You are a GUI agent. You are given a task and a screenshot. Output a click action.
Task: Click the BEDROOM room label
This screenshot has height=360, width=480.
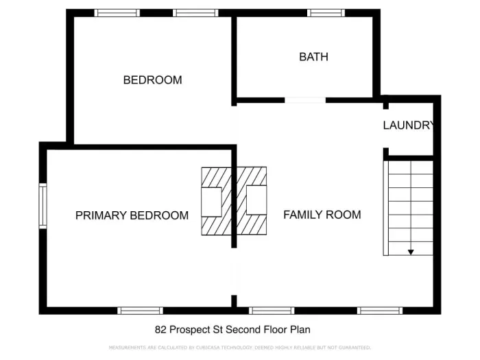pyautogui.click(x=152, y=80)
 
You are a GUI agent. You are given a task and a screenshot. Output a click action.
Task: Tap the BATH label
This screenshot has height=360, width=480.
pyautogui.click(x=313, y=57)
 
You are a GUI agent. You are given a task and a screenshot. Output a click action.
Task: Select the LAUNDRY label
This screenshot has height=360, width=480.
pyautogui.click(x=408, y=125)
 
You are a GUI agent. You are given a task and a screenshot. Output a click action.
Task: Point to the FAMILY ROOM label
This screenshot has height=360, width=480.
pyautogui.click(x=322, y=215)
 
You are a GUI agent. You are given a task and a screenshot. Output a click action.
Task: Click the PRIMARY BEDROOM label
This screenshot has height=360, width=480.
pyautogui.click(x=132, y=215)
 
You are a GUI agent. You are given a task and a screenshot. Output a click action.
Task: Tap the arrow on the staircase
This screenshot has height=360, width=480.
pyautogui.click(x=411, y=252)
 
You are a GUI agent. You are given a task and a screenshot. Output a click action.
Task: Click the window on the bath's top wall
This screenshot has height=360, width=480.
pyautogui.click(x=326, y=12)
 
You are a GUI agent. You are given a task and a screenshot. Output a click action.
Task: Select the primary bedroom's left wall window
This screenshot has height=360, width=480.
pyautogui.click(x=43, y=205)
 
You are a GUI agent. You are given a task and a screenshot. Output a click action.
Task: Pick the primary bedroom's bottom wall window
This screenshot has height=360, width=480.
pyautogui.click(x=140, y=311)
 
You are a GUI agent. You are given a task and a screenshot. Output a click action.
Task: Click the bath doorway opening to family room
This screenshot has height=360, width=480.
pyautogui.click(x=305, y=100)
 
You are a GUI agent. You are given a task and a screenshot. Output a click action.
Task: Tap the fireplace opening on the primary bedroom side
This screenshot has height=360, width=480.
pyautogui.click(x=211, y=201)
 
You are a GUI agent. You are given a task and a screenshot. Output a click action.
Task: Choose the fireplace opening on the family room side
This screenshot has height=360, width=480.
pyautogui.click(x=256, y=201)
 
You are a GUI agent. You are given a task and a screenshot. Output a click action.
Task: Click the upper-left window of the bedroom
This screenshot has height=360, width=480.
pyautogui.click(x=117, y=12)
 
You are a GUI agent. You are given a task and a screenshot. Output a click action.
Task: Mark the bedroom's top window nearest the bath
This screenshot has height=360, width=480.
pyautogui.click(x=195, y=12)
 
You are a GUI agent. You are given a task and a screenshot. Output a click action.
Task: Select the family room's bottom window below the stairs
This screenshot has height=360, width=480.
pyautogui.click(x=380, y=311)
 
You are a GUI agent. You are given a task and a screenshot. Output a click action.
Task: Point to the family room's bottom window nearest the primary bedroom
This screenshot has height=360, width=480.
pyautogui.click(x=271, y=311)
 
